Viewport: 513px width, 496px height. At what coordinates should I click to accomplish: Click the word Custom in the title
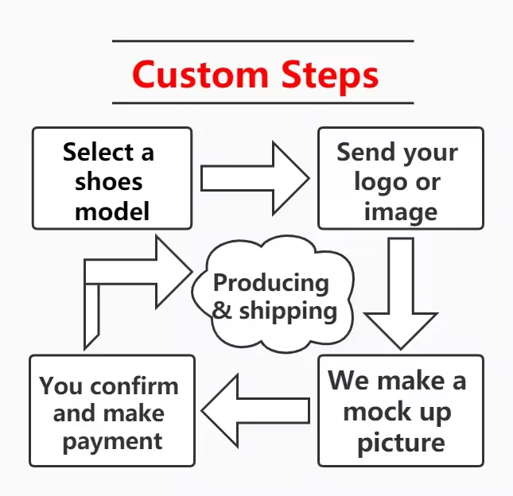(200, 74)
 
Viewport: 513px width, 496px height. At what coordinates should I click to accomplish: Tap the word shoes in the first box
(109, 182)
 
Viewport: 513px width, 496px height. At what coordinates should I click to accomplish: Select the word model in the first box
(112, 211)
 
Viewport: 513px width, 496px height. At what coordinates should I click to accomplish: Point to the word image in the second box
(400, 212)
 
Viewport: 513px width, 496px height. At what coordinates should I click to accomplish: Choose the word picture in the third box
(400, 442)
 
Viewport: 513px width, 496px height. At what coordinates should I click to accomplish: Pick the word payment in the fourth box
(112, 441)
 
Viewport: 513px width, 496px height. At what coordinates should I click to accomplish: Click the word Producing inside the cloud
(271, 283)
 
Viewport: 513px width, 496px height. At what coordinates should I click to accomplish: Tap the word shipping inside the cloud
(287, 311)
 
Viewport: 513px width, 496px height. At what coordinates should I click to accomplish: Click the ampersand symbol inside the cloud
(222, 311)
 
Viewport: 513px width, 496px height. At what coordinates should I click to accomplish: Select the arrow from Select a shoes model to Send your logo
(254, 177)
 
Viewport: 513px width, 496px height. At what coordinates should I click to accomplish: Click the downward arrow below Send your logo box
(400, 294)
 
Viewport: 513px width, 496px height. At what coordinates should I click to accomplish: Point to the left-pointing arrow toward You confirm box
(254, 410)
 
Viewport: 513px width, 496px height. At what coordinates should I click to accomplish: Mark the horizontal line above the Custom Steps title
(262, 41)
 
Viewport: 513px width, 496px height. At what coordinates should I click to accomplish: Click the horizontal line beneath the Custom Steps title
(262, 103)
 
